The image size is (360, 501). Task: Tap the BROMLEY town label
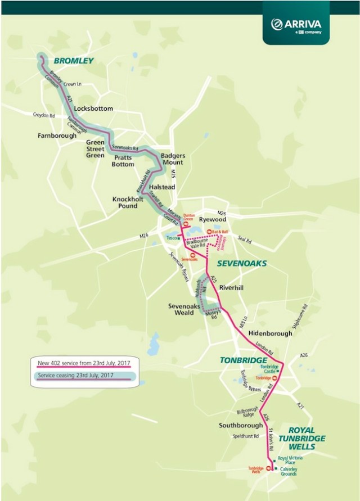tap(73, 61)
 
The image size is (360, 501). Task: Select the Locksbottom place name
tap(93, 109)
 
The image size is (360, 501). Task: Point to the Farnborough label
tap(56, 136)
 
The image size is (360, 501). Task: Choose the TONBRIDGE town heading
tap(243, 360)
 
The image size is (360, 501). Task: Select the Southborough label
tap(241, 426)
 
